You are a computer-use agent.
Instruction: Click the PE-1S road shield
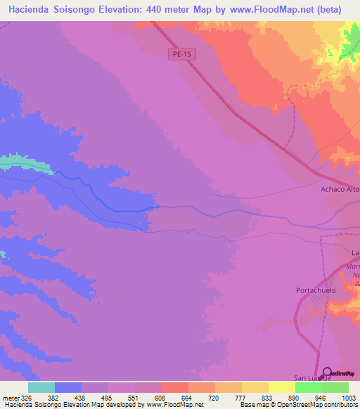[182, 54]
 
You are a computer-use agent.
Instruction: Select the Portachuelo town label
[316, 290]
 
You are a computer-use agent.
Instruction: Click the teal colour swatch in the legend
[41, 387]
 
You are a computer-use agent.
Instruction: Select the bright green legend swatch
[308, 387]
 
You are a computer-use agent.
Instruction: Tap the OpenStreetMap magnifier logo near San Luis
[328, 372]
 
